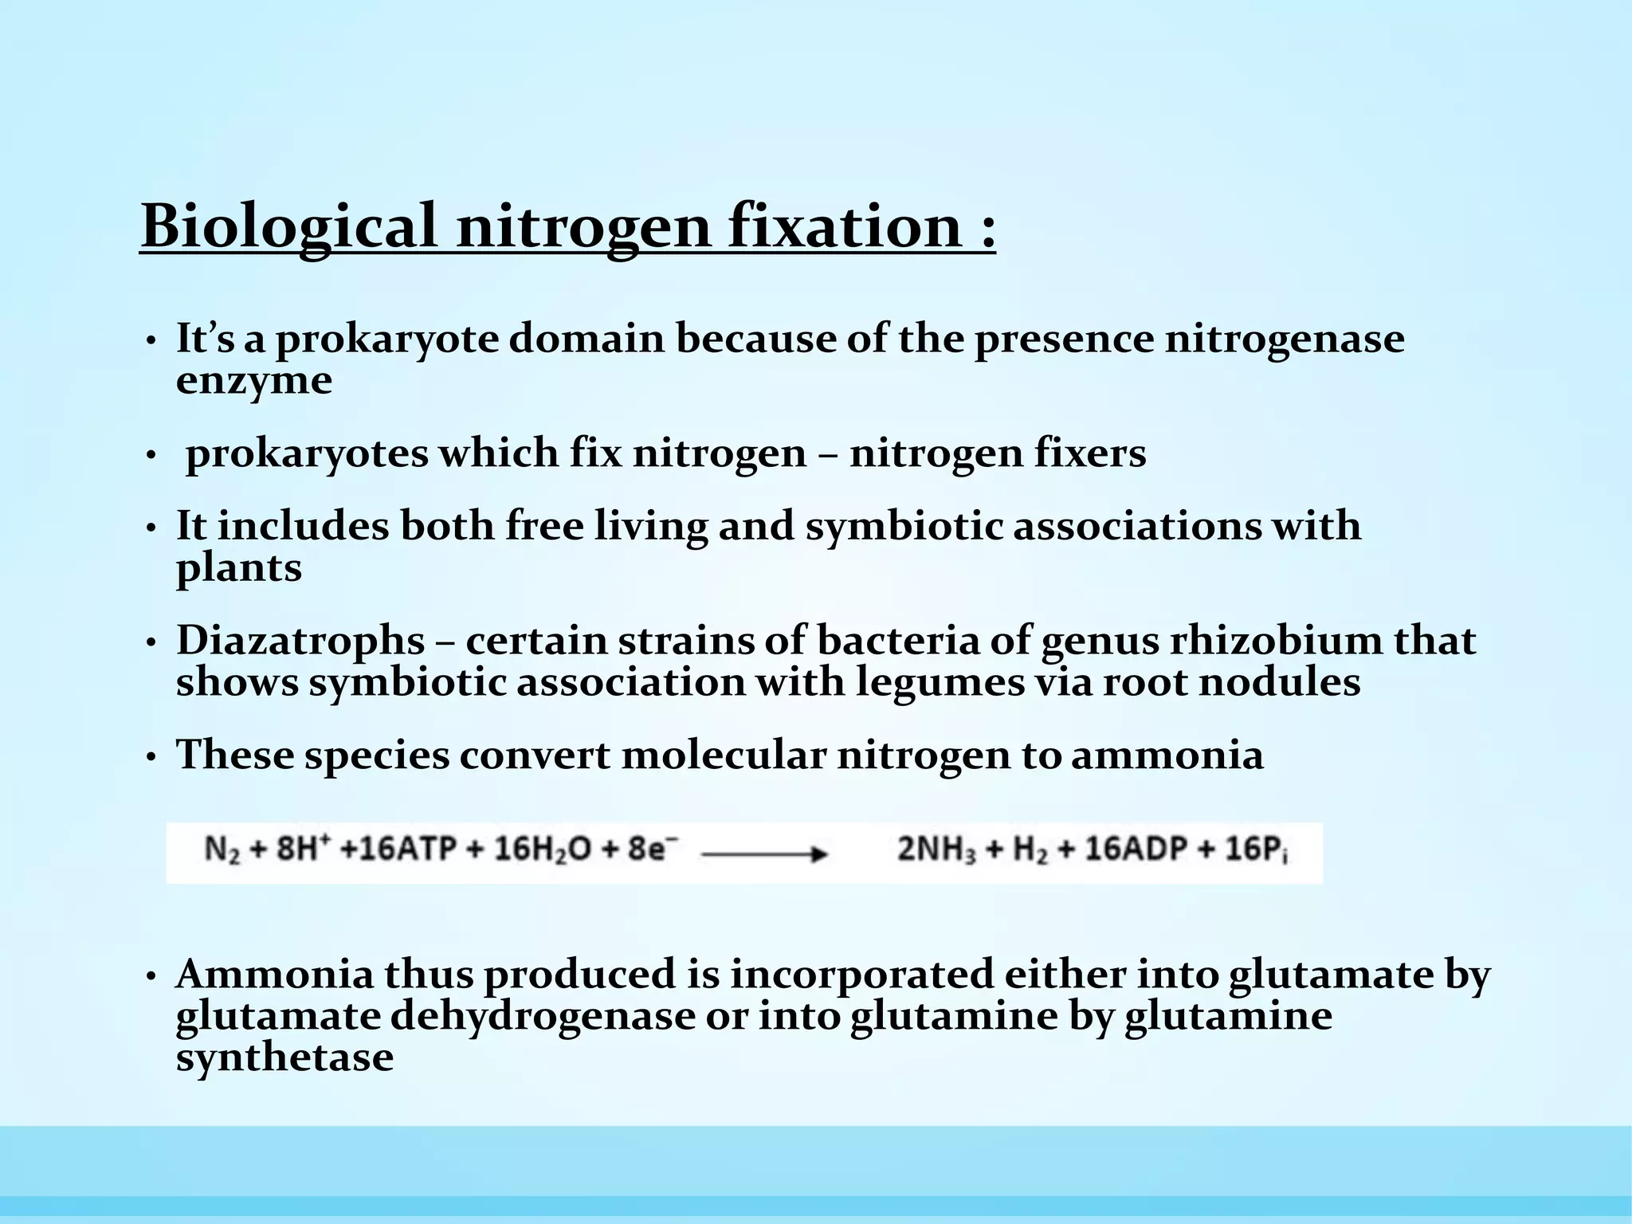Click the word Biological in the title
tap(289, 226)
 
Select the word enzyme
tap(253, 380)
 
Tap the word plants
tap(239, 567)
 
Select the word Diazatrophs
tap(300, 641)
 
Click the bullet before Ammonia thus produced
tap(151, 977)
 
